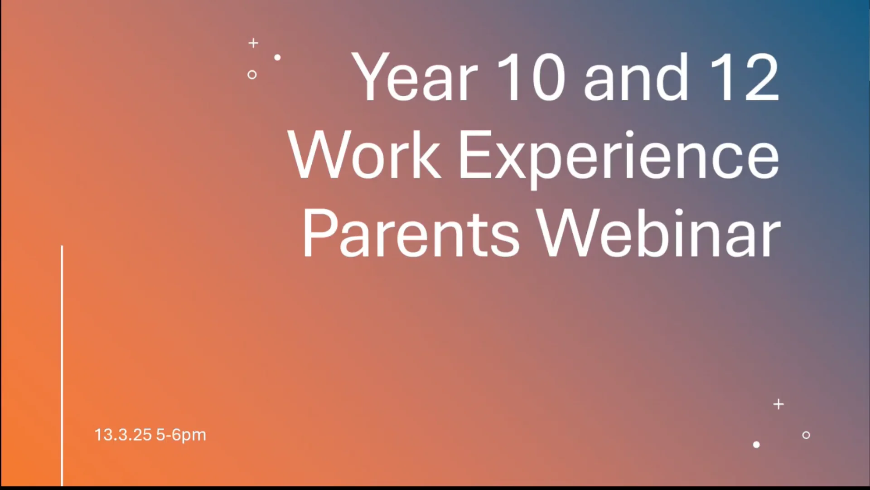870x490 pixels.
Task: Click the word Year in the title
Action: [x=415, y=77]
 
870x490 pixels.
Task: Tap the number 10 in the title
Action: [x=531, y=77]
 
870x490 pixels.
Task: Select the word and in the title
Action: [x=636, y=77]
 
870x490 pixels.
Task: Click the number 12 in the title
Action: [x=744, y=77]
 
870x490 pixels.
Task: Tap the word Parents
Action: [x=411, y=234]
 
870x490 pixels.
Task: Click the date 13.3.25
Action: [x=123, y=435]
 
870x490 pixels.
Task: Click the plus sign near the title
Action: [x=253, y=43]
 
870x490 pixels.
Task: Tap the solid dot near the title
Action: [x=277, y=58]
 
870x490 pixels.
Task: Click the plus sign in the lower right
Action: [x=778, y=404]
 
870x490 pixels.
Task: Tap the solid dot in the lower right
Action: [x=756, y=445]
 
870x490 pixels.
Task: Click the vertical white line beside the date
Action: [x=62, y=366]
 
